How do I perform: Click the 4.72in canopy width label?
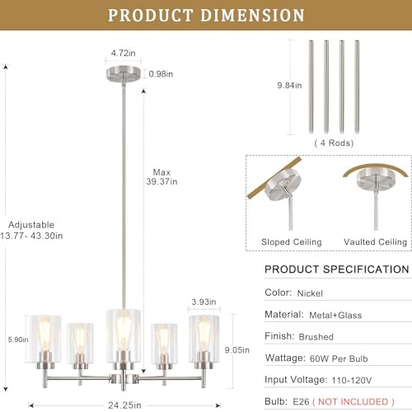click(123, 53)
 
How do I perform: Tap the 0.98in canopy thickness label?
click(161, 74)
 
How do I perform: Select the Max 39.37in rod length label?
click(162, 176)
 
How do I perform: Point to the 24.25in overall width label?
click(124, 405)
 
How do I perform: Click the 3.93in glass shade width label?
click(204, 302)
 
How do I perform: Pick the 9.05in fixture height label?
click(237, 350)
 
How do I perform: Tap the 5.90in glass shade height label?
click(18, 339)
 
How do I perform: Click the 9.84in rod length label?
click(289, 86)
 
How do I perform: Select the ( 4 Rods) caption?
click(334, 143)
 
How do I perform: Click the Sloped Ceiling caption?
click(292, 242)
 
